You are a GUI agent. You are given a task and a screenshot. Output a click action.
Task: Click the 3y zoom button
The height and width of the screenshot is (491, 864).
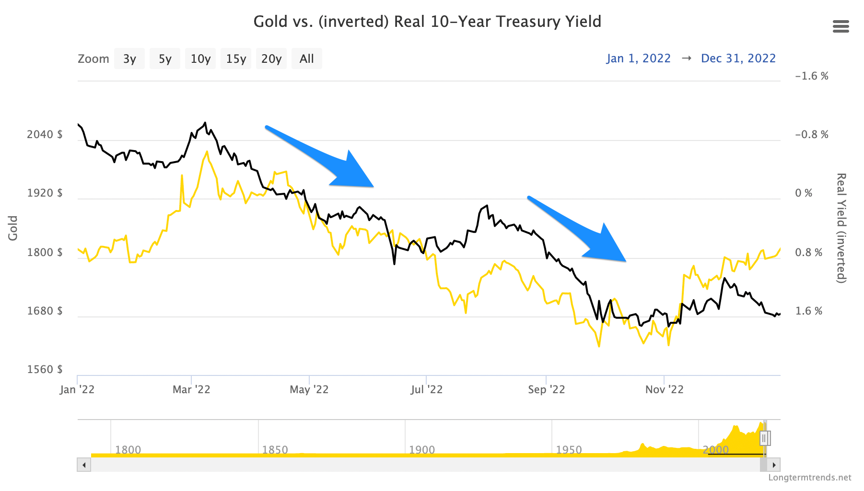[x=129, y=58]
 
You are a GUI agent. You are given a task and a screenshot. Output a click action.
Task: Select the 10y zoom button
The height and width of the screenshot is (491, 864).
[x=200, y=58]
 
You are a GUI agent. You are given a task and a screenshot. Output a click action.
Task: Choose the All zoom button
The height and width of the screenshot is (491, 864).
[x=306, y=58]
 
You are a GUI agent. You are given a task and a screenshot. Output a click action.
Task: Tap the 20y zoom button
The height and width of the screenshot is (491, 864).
[x=271, y=58]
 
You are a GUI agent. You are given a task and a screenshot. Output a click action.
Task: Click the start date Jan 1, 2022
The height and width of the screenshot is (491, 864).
[x=638, y=58]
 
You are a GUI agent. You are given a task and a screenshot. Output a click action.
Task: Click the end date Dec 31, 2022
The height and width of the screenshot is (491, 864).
[x=738, y=58]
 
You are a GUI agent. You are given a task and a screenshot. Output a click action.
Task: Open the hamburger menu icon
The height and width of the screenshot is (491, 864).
[x=841, y=26]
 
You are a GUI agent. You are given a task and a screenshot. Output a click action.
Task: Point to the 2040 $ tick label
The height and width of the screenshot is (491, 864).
[x=45, y=134]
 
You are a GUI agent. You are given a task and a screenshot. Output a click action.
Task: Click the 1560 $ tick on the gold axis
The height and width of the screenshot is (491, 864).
[x=45, y=369]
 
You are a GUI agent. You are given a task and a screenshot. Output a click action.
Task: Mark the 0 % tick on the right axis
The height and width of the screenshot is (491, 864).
[x=804, y=193]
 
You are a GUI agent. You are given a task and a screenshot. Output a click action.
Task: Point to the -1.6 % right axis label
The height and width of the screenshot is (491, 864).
[x=811, y=76]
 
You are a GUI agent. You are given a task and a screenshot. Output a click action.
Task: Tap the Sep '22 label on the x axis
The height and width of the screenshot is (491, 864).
[x=547, y=389]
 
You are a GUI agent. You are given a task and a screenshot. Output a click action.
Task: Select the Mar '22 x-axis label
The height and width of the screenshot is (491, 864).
[x=191, y=389]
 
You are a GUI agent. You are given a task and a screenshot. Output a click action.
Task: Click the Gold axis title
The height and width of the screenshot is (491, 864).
[x=13, y=228]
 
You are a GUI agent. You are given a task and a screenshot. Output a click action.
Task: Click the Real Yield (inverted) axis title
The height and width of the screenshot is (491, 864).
[x=841, y=228]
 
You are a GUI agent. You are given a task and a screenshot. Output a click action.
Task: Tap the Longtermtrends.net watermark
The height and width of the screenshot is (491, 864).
[x=809, y=478]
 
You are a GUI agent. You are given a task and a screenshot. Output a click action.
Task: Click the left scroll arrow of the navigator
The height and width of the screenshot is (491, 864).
[x=84, y=465]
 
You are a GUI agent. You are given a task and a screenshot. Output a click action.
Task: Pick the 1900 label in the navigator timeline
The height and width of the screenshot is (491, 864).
[x=422, y=450]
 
